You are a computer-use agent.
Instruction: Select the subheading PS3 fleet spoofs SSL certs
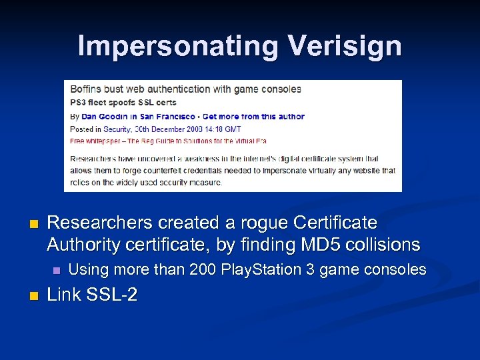coord(124,103)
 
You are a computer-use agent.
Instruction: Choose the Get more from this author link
coord(253,116)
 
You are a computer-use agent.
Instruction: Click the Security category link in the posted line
coord(117,129)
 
